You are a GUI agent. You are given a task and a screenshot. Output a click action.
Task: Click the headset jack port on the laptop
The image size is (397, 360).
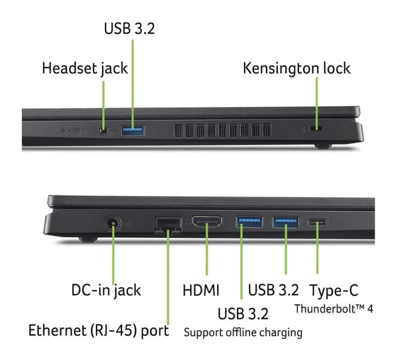104,131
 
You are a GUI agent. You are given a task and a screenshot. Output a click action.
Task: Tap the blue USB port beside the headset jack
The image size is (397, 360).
132,131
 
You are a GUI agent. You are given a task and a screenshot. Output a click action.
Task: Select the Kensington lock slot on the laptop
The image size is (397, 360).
316,129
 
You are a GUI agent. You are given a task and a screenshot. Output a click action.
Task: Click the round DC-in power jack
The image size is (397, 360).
113,223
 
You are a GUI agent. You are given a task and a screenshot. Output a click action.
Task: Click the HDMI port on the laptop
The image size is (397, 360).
207,221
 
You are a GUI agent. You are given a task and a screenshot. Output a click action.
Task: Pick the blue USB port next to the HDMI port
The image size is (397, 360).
250,222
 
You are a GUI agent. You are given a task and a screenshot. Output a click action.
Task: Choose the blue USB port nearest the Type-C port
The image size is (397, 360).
286,222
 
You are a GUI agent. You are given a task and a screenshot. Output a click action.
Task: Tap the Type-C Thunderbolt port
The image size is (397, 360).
317,223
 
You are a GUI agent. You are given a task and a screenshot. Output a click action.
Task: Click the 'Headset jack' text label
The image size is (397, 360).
85,69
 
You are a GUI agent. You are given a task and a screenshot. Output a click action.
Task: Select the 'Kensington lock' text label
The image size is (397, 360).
296,69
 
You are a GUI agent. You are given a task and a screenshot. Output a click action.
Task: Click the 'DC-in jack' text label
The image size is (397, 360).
106,290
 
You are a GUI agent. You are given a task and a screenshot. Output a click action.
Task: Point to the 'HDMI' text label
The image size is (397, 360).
201,290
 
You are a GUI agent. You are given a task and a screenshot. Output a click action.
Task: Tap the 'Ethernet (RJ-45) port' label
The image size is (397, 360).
98,331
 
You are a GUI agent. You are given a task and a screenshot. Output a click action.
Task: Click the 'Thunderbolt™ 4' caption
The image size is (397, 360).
333,309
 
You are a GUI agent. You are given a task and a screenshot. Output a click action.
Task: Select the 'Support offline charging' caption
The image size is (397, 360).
243,332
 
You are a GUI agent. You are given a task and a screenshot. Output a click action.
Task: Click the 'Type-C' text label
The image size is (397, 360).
334,290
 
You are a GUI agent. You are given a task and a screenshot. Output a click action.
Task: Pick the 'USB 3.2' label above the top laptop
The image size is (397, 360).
130,28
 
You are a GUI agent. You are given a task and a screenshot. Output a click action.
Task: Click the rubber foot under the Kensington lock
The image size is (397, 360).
323,146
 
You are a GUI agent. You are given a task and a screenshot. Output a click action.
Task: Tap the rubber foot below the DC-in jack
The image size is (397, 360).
88,239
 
